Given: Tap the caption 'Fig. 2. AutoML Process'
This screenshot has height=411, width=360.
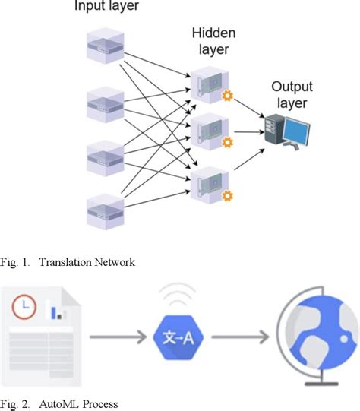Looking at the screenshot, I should [61, 403].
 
